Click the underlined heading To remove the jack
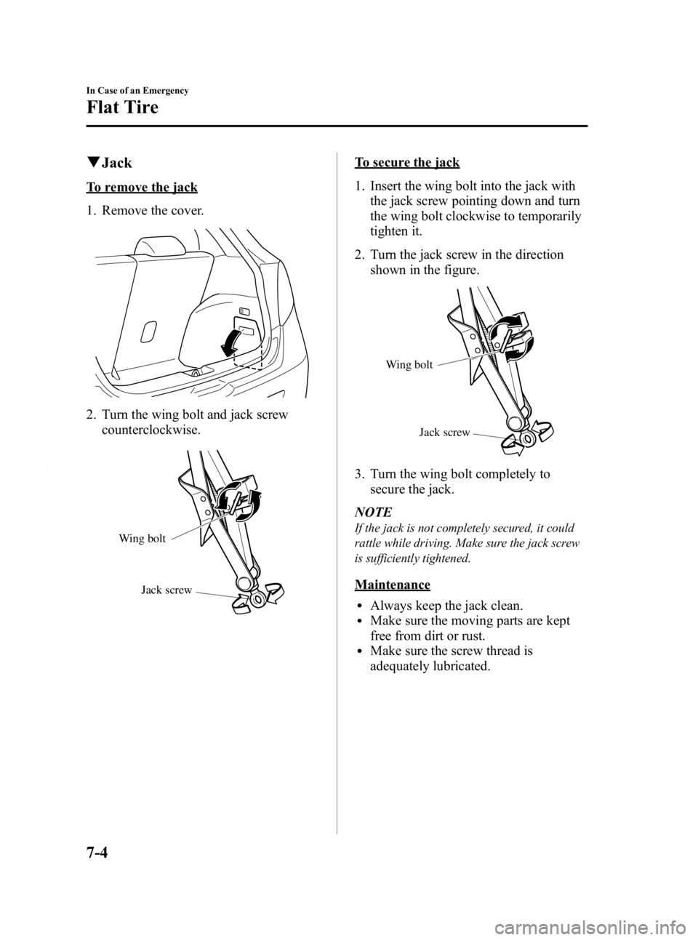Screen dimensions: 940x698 [141, 188]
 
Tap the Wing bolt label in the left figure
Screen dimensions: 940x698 [143, 539]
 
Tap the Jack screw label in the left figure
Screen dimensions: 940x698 [167, 590]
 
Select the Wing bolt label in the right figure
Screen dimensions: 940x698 [409, 365]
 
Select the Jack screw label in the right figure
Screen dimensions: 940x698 [444, 433]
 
